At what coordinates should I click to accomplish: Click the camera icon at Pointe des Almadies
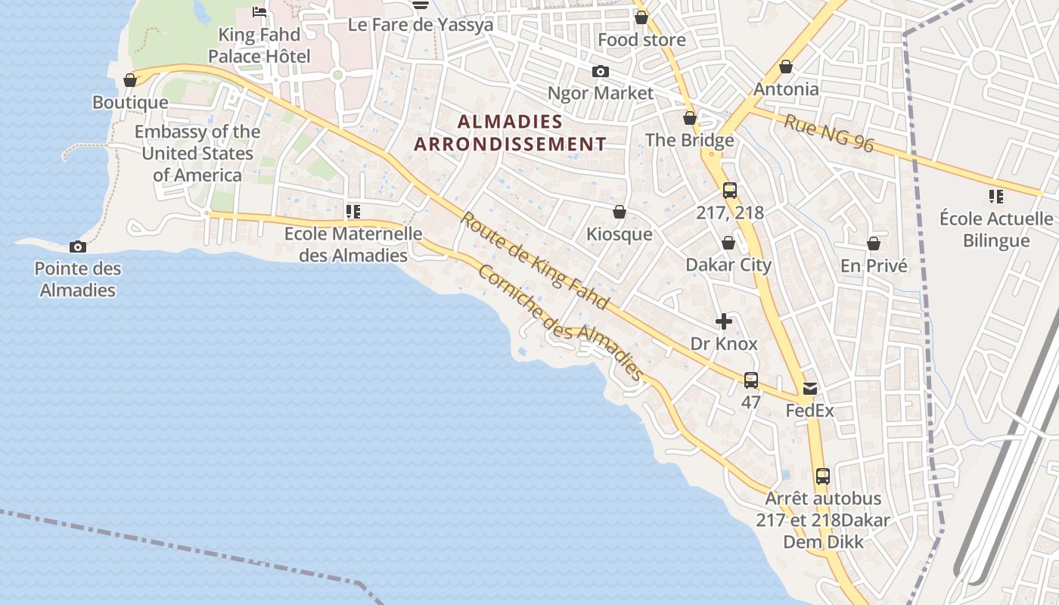pyautogui.click(x=77, y=247)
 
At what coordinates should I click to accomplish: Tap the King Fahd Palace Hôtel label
pyautogui.click(x=259, y=45)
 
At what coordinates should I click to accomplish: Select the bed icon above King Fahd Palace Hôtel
pyautogui.click(x=259, y=11)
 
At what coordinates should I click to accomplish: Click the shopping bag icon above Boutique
pyautogui.click(x=130, y=79)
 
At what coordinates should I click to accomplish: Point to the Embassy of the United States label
pyautogui.click(x=197, y=154)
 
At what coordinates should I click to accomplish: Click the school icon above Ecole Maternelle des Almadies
pyautogui.click(x=352, y=211)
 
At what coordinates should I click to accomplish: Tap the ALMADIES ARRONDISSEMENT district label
pyautogui.click(x=510, y=132)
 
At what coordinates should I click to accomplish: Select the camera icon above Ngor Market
pyautogui.click(x=600, y=71)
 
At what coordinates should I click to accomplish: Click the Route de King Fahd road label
pyautogui.click(x=535, y=261)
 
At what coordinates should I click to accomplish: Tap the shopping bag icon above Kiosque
pyautogui.click(x=619, y=212)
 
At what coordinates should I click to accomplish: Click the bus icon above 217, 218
pyautogui.click(x=729, y=191)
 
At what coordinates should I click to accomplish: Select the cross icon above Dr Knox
pyautogui.click(x=724, y=321)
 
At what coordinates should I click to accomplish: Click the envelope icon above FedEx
pyautogui.click(x=809, y=389)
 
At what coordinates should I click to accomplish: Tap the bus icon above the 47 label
pyautogui.click(x=750, y=380)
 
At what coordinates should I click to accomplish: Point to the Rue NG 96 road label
pyautogui.click(x=828, y=133)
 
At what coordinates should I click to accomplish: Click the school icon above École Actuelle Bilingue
pyautogui.click(x=995, y=197)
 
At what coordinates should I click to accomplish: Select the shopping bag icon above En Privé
pyautogui.click(x=874, y=244)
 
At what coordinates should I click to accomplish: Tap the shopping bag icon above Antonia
pyautogui.click(x=786, y=67)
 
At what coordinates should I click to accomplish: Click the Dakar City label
pyautogui.click(x=728, y=265)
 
